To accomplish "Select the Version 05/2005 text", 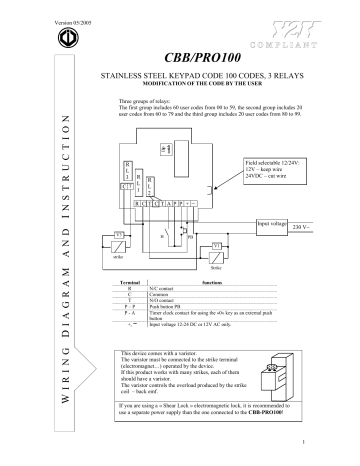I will [x=39, y=10].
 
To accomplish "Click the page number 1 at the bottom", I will [x=342, y=441].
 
